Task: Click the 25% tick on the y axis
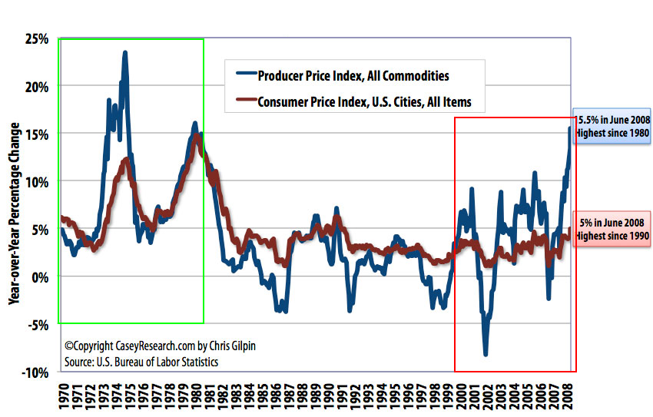click(37, 39)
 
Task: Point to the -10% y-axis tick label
click(35, 372)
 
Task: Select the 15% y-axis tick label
click(37, 134)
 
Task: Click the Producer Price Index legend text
click(353, 75)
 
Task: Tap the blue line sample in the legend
click(245, 75)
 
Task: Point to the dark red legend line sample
click(245, 101)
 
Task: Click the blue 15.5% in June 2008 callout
click(612, 127)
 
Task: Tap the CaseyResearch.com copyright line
click(159, 346)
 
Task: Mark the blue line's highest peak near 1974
click(124, 52)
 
